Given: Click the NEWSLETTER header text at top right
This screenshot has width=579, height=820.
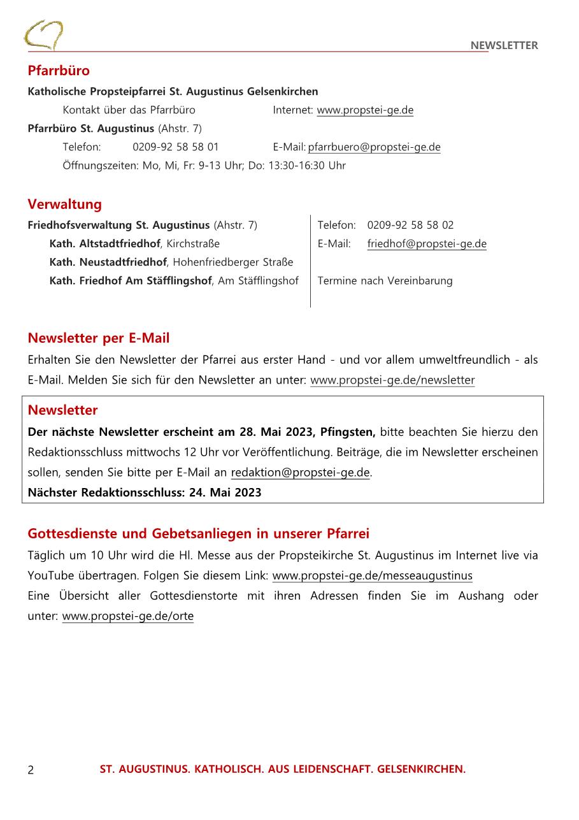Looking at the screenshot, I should click(504, 45).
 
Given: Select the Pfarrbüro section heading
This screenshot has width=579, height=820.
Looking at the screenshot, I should click(59, 70).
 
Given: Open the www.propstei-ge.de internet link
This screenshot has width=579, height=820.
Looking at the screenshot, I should click(365, 110).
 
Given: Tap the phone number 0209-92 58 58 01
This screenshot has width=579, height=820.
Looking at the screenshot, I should click(176, 147).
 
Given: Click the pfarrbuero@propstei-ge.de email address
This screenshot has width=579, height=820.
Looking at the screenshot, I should click(375, 147).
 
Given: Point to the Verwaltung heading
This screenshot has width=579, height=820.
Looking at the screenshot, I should click(64, 205).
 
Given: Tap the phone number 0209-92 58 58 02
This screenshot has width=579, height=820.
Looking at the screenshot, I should click(410, 225).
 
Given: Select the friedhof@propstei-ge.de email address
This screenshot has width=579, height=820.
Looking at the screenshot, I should click(427, 243).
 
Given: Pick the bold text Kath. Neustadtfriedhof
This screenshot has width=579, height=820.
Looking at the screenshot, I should click(108, 262).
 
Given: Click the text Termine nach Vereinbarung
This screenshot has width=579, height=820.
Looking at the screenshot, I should click(385, 281).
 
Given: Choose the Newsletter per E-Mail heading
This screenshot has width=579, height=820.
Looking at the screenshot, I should click(99, 338).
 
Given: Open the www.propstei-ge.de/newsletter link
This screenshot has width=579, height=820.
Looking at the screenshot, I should click(392, 380).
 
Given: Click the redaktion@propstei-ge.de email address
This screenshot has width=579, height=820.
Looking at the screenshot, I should click(300, 473).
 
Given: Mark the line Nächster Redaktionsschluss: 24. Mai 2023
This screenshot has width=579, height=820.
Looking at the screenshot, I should click(145, 493).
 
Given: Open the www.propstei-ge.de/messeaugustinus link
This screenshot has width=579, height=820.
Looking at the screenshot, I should click(373, 576).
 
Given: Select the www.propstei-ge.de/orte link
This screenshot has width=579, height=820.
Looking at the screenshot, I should click(128, 616).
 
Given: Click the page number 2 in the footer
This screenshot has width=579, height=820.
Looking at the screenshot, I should click(31, 770).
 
